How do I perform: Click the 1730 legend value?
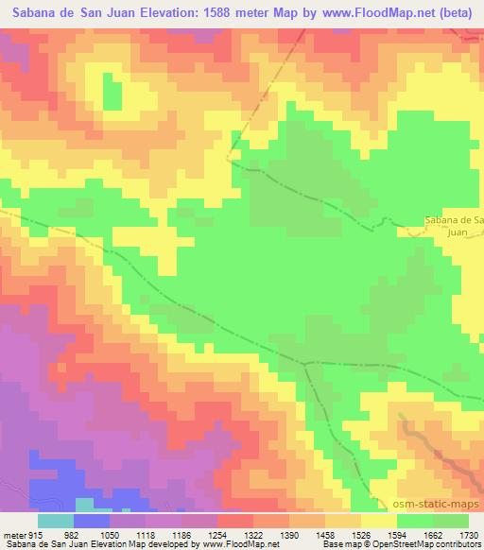466,534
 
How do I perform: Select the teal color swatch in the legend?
56,521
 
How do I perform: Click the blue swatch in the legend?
92,521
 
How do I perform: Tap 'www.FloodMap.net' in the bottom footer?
238,544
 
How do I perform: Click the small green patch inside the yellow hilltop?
112,95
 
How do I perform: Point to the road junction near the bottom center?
304,363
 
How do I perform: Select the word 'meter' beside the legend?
12,534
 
